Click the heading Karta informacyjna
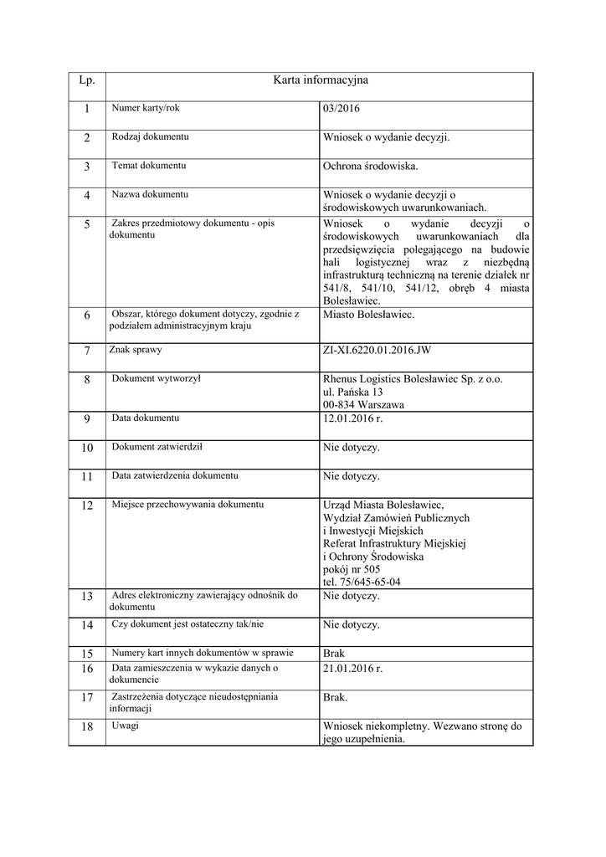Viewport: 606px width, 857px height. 321,80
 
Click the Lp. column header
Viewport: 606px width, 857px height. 87,80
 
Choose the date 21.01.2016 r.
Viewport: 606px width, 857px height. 352,669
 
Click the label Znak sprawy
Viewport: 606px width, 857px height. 136,349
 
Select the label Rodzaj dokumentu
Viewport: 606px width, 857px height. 150,136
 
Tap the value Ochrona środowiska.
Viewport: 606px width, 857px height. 370,167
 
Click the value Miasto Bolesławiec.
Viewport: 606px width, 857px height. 368,315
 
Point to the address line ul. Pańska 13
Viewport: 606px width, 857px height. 352,392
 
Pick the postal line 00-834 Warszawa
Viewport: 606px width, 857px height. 363,404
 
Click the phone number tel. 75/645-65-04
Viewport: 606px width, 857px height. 362,582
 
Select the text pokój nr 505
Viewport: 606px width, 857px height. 351,569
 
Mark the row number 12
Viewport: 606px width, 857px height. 87,505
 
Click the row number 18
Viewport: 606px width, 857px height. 87,726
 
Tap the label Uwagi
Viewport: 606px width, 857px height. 126,725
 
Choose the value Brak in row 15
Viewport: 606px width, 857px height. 333,653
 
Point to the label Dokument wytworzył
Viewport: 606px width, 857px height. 156,378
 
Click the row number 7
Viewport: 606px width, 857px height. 87,351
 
